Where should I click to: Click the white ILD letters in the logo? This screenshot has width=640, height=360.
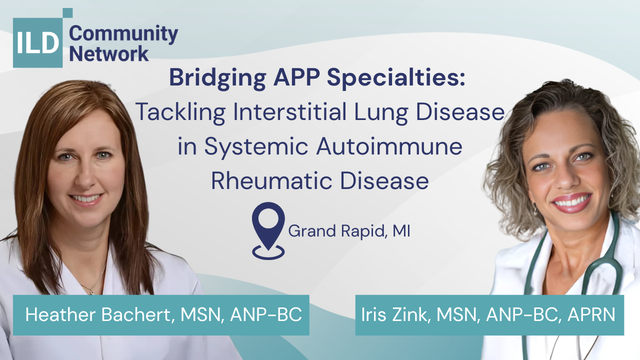[37, 42]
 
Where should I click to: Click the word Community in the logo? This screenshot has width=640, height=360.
[123, 34]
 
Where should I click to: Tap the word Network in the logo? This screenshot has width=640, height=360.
[109, 53]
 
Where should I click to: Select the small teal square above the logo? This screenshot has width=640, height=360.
[67, 13]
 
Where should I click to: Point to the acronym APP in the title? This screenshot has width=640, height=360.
[296, 77]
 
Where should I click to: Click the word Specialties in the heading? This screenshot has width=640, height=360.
[396, 77]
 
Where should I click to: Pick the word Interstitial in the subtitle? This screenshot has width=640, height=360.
[290, 111]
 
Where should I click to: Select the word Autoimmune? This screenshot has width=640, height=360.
[389, 146]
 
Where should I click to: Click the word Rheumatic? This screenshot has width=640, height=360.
[271, 180]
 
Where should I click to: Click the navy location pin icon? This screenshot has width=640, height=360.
[268, 231]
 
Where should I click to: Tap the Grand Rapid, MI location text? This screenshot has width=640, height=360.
[349, 231]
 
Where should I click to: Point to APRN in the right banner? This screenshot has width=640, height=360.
[591, 314]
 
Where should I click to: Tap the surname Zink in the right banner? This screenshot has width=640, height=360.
[411, 314]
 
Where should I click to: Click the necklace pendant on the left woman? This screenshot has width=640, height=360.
[91, 292]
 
